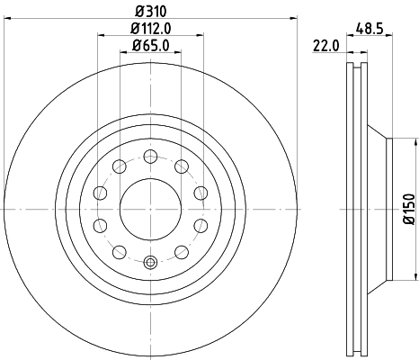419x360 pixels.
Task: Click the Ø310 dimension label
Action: click(150, 11)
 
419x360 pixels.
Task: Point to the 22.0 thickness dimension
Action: click(325, 47)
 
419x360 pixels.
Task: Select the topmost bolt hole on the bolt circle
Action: click(150, 156)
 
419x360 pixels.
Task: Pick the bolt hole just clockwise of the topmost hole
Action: click(183, 165)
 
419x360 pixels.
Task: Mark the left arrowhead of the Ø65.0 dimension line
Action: click(123, 53)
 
